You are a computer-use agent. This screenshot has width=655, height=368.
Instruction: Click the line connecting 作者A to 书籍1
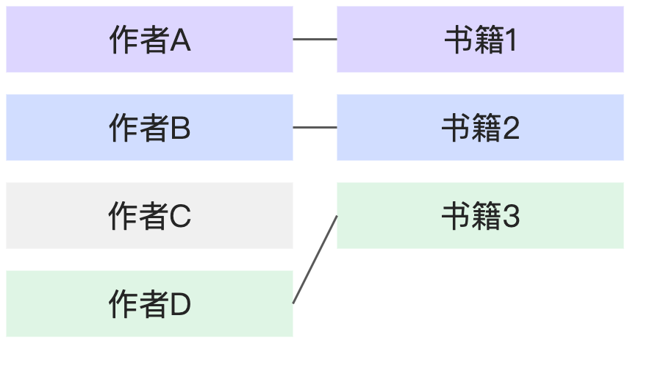coord(315,40)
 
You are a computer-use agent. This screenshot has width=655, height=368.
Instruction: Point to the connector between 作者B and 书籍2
coord(315,128)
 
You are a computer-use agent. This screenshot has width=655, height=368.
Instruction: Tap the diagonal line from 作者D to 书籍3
coord(315,259)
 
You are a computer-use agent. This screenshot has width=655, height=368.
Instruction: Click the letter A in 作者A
coord(181,41)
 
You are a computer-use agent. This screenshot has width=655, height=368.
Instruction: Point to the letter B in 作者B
coord(181,129)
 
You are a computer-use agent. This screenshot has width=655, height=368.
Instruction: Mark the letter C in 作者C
coord(181,217)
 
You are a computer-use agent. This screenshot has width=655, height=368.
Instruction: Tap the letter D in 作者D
coord(181,306)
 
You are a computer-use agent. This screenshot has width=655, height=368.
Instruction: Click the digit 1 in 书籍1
coord(510,41)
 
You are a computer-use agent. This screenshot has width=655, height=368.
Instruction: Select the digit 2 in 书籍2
coord(510,129)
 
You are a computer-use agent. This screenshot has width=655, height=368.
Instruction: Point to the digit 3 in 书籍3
coord(510,217)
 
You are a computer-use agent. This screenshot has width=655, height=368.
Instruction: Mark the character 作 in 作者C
coord(122,217)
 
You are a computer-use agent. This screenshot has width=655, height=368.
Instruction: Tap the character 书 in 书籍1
coord(457,40)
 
